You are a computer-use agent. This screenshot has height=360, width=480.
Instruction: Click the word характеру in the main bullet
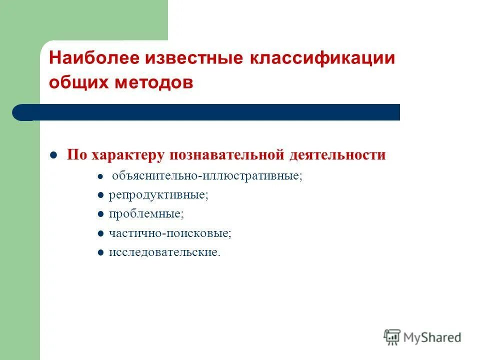click(128, 154)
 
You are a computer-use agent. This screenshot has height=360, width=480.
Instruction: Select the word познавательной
click(227, 154)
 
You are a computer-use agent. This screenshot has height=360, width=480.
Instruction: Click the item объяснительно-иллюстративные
click(207, 176)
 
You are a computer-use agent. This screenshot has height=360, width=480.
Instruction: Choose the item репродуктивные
click(158, 195)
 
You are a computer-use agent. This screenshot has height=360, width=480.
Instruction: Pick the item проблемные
click(146, 214)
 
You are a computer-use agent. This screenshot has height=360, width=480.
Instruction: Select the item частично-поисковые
click(170, 233)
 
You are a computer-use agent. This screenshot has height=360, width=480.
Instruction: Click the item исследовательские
click(164, 252)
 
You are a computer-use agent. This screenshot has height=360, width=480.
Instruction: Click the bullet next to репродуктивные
click(100, 195)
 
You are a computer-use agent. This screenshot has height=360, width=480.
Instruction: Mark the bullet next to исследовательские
click(100, 252)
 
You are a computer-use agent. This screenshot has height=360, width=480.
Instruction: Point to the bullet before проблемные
click(100, 214)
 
